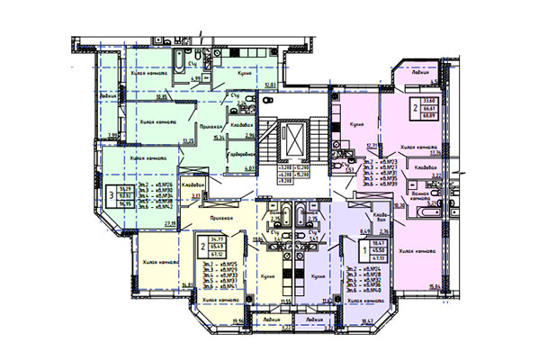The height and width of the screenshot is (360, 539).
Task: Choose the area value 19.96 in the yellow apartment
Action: (x=238, y=319)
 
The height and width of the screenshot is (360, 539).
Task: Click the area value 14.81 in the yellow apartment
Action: (x=187, y=284)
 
